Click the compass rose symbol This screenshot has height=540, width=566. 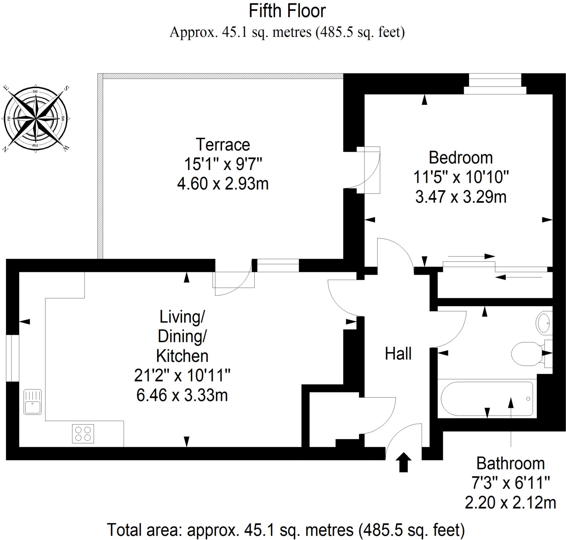coord(36,118)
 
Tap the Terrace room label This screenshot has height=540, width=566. coord(222,145)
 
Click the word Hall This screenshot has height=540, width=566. coord(398,354)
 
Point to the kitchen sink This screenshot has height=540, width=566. coord(33,402)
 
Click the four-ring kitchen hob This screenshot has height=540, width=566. coord(83,434)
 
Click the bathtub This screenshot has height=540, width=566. coord(486,399)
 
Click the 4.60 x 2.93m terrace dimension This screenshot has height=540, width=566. coord(223,184)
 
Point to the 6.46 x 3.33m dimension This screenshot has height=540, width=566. coord(182,396)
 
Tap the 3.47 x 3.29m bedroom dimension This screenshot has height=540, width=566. coord(461,197)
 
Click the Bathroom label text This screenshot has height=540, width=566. coord(510,464)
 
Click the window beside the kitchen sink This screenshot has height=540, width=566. coord(13,358)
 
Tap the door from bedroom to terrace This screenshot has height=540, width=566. coord(368,170)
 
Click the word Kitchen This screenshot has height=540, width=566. coord(182,356)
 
